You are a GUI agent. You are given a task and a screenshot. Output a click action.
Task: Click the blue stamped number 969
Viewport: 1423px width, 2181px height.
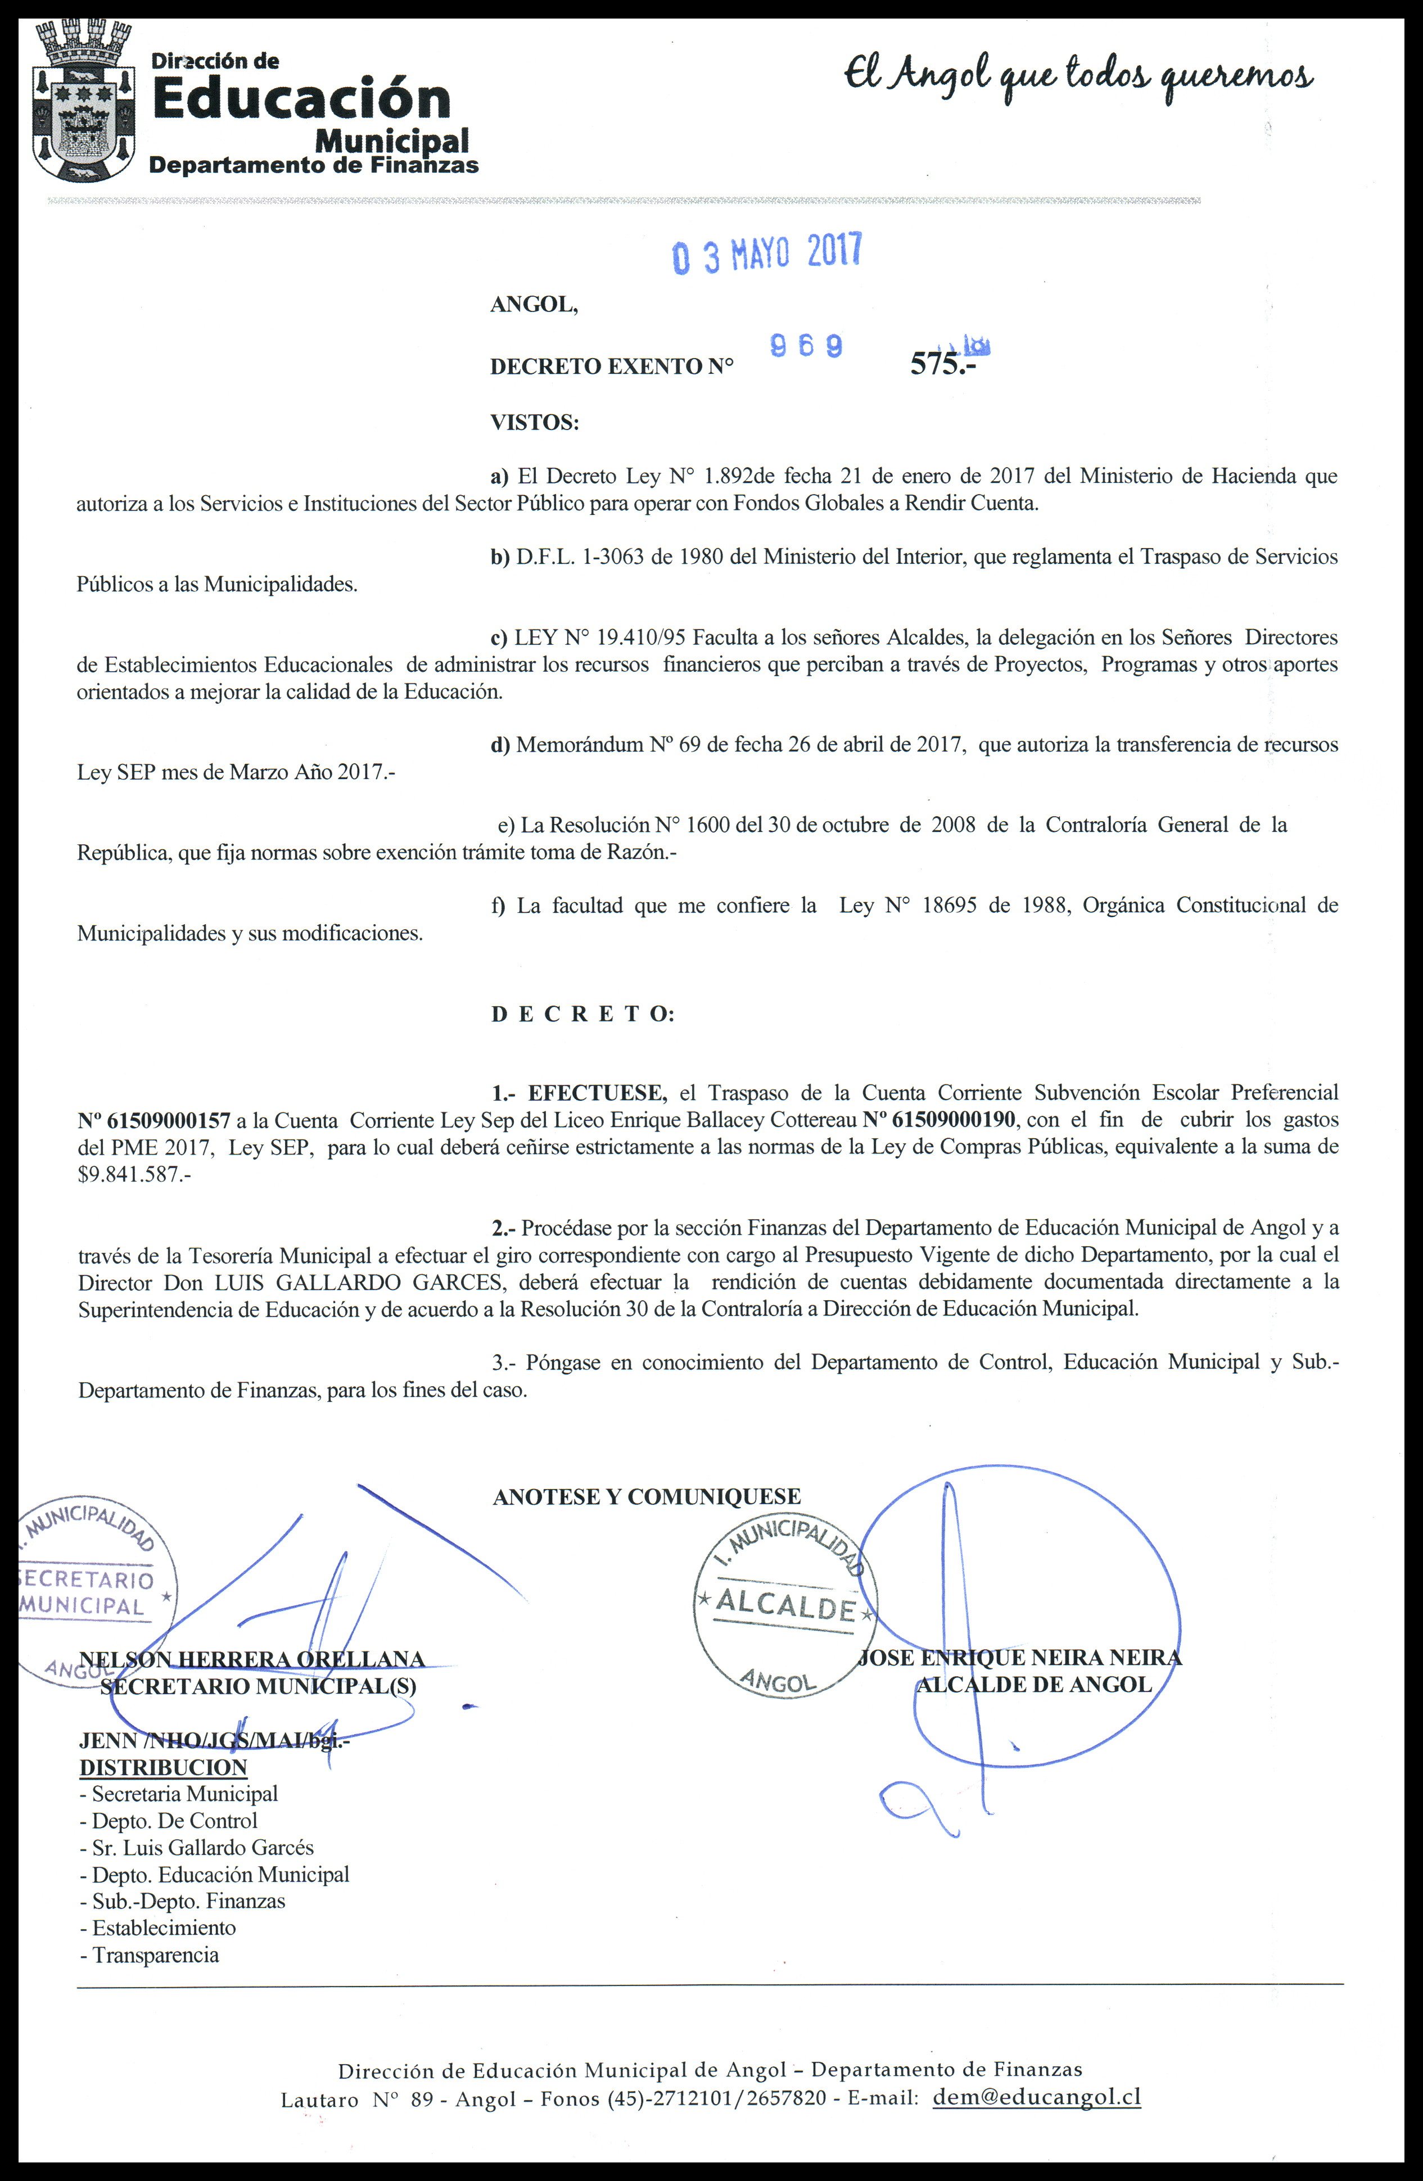806,346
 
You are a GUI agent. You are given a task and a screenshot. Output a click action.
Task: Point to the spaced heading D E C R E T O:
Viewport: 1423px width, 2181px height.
583,1015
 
